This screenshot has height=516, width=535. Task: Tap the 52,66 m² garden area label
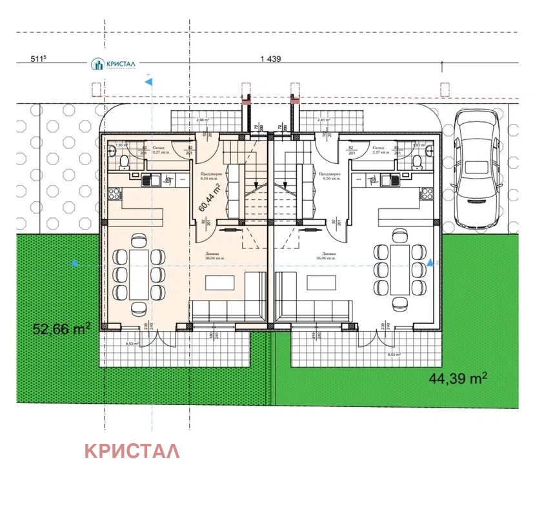(61, 329)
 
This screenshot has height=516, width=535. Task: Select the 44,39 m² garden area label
(458, 379)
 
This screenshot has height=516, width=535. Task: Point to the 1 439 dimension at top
(271, 59)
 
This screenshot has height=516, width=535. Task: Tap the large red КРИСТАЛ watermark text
(132, 451)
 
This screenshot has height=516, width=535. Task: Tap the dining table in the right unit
(400, 268)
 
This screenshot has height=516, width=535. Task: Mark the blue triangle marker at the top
(149, 82)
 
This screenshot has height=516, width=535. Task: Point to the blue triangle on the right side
(431, 262)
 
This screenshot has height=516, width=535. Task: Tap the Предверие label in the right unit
(329, 174)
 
